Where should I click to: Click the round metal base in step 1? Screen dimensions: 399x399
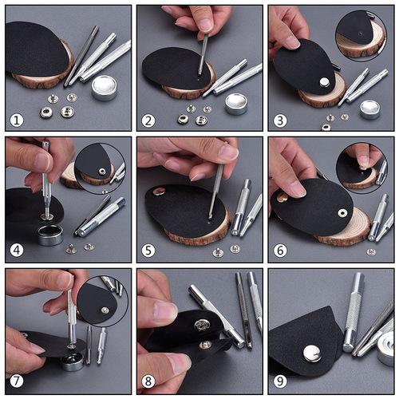click(x=104, y=87)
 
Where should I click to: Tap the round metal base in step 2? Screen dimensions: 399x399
click(x=235, y=102)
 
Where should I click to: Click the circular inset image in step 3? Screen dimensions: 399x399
click(x=360, y=34)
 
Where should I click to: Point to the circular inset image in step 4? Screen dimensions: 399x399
click(x=99, y=164)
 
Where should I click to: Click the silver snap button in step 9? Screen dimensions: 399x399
click(x=313, y=351)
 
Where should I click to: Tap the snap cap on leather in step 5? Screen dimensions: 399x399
click(x=159, y=192)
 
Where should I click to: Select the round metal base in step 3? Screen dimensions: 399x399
click(x=369, y=108)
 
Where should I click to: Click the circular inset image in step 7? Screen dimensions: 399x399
click(x=101, y=301)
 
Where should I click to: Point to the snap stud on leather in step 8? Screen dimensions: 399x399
click(x=202, y=326)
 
